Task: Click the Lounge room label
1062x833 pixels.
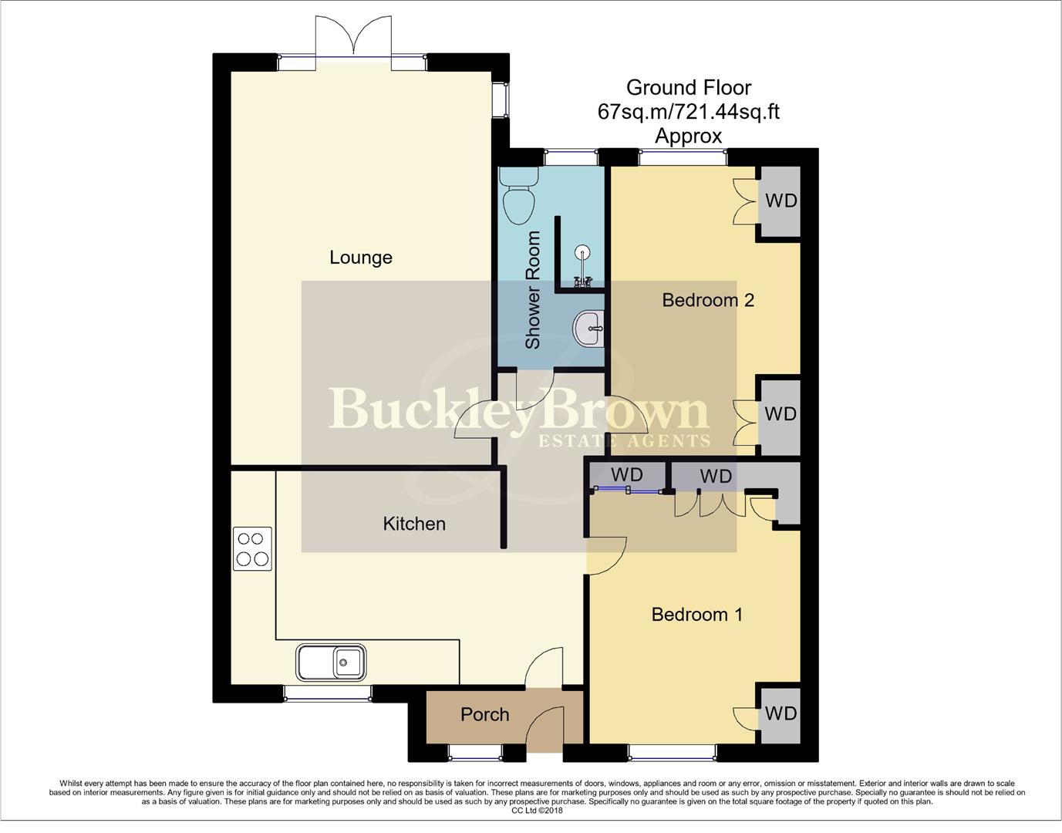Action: click(x=360, y=258)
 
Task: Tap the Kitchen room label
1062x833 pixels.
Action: click(x=414, y=524)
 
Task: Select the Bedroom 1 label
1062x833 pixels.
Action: click(x=696, y=615)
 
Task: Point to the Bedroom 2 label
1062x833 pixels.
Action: click(x=707, y=300)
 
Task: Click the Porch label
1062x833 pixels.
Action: click(x=484, y=715)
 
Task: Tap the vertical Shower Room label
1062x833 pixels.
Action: click(x=533, y=290)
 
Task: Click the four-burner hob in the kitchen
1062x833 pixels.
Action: click(x=252, y=548)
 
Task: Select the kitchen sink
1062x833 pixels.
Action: click(x=332, y=663)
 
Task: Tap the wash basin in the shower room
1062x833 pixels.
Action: click(x=590, y=329)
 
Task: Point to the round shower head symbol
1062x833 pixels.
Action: click(x=583, y=251)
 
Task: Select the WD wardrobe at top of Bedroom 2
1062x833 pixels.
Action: click(x=780, y=201)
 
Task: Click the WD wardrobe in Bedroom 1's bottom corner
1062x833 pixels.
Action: click(x=780, y=713)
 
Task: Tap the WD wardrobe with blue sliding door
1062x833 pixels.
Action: click(x=626, y=475)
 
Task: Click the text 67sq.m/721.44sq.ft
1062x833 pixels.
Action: click(x=688, y=112)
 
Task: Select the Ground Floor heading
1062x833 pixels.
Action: click(x=688, y=88)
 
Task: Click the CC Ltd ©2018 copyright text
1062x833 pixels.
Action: click(x=537, y=811)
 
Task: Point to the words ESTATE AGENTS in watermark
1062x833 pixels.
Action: click(x=623, y=441)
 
